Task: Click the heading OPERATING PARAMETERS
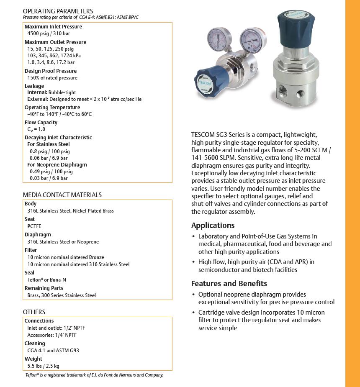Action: click(x=58, y=11)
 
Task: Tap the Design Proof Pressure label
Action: click(x=51, y=71)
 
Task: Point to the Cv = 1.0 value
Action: click(x=36, y=129)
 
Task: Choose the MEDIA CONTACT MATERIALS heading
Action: click(x=62, y=195)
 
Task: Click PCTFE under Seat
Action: click(x=34, y=226)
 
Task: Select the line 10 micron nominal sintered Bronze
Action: click(x=66, y=257)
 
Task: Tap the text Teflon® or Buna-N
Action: click(x=46, y=280)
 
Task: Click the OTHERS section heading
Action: click(x=34, y=312)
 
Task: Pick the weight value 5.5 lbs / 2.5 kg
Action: click(x=43, y=366)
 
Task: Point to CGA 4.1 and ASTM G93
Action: click(x=53, y=351)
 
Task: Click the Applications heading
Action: click(x=213, y=226)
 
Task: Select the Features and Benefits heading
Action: click(x=229, y=283)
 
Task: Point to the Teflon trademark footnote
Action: click(x=94, y=375)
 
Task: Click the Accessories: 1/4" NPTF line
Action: click(x=52, y=335)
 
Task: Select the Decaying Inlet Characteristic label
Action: click(x=58, y=137)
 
